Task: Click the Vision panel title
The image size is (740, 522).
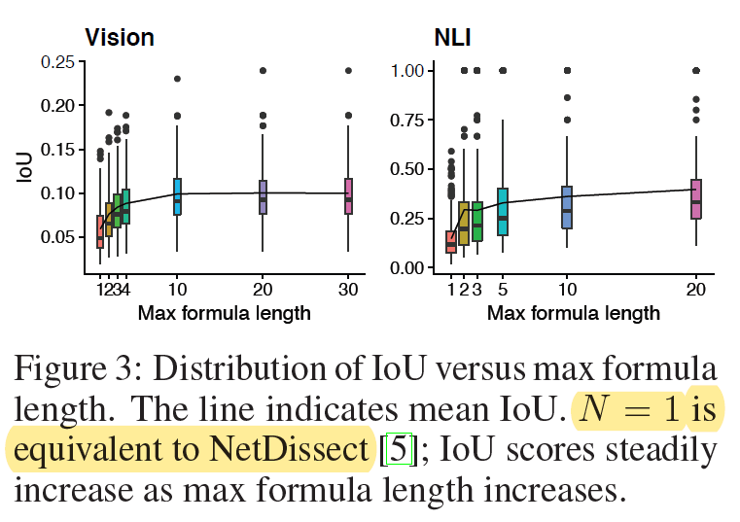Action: pyautogui.click(x=120, y=38)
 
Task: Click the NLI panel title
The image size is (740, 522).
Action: pyautogui.click(x=451, y=38)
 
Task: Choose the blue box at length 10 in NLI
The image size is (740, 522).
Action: pyautogui.click(x=567, y=207)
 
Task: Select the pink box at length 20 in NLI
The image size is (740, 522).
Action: pyautogui.click(x=696, y=199)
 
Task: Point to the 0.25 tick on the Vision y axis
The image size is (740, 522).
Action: pyautogui.click(x=58, y=62)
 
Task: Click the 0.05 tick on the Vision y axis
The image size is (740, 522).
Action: pyautogui.click(x=58, y=237)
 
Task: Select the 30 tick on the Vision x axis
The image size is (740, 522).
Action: pyautogui.click(x=349, y=290)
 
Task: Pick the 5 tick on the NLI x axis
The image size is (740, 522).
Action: pyautogui.click(x=503, y=290)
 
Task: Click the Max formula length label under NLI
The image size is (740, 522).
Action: pyautogui.click(x=574, y=312)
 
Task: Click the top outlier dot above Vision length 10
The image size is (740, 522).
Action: pyautogui.click(x=178, y=80)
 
